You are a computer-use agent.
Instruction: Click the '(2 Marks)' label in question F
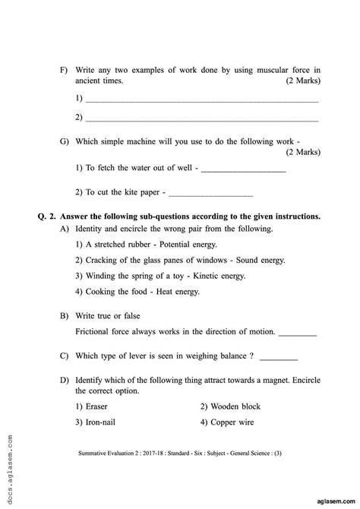(302, 81)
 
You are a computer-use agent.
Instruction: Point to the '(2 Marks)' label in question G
(302, 152)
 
